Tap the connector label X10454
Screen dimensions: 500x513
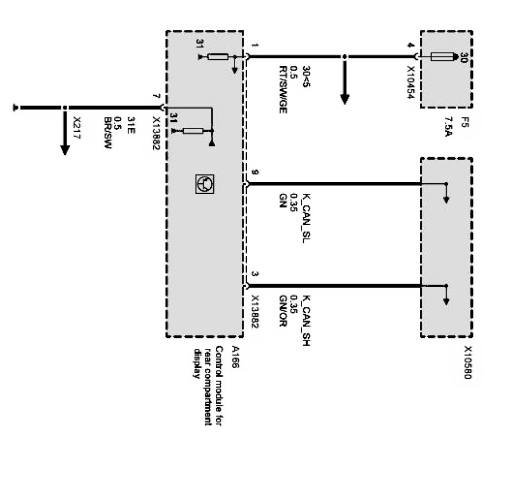pyautogui.click(x=411, y=83)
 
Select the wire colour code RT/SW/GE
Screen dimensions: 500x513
pyautogui.click(x=283, y=89)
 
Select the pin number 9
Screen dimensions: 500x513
pyautogui.click(x=255, y=173)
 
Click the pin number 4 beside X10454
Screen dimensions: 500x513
pyautogui.click(x=411, y=46)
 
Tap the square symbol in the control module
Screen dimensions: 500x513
pyautogui.click(x=204, y=183)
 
